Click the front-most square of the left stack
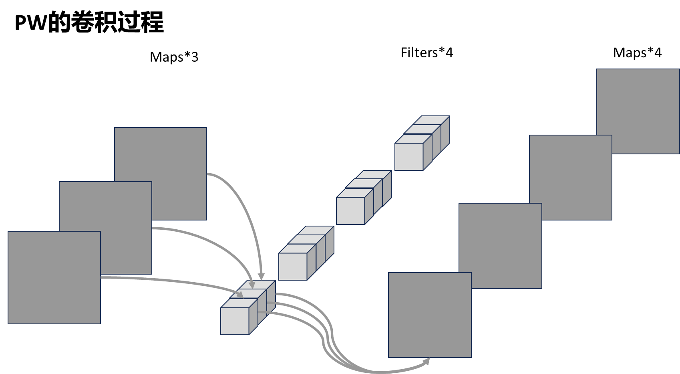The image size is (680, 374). (x=54, y=277)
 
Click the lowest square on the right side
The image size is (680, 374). (x=430, y=315)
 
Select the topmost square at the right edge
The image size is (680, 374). (x=641, y=104)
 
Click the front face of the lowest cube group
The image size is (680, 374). (x=235, y=321)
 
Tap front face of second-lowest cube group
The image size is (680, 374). (x=293, y=267)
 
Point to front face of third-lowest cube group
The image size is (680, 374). (x=350, y=211)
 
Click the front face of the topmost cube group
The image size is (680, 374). (x=409, y=157)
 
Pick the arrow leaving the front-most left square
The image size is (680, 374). (x=168, y=281)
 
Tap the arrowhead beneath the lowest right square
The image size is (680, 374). (x=427, y=362)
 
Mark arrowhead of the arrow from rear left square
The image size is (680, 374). (x=261, y=276)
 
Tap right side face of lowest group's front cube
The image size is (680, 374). (x=253, y=317)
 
